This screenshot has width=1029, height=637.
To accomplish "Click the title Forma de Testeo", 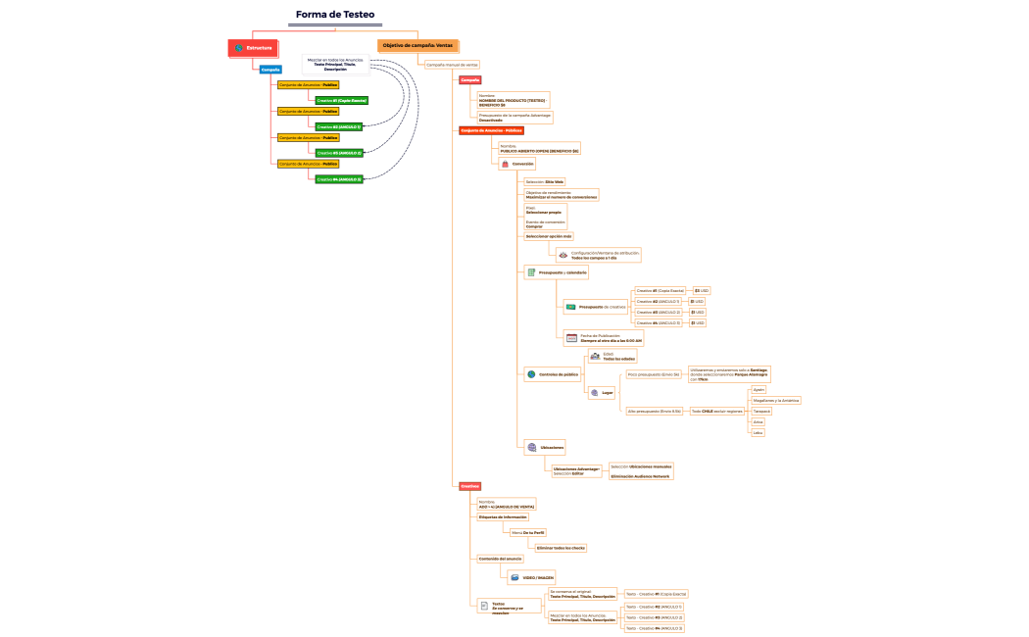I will (x=334, y=15).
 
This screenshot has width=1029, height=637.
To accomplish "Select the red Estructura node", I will (x=253, y=47).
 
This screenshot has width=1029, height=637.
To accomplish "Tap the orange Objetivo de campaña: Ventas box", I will (x=417, y=45).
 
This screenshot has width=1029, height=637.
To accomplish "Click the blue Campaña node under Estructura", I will (x=270, y=70).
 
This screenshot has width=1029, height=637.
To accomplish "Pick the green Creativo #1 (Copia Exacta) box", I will (x=341, y=100).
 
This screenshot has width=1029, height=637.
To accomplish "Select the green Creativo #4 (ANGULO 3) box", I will (x=339, y=179).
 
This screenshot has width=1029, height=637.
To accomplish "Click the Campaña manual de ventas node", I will (x=452, y=65).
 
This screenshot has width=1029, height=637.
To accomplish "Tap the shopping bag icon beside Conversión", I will (x=504, y=164).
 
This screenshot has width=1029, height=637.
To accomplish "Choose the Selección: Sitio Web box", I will (x=545, y=181).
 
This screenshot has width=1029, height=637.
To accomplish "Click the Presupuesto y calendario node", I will (x=556, y=272).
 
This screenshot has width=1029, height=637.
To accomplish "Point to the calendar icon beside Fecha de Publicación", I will (x=571, y=338).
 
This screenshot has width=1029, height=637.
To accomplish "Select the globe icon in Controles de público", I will (x=531, y=374).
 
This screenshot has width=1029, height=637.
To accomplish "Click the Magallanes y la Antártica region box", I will (x=775, y=400).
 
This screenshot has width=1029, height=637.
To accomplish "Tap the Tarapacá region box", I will (x=761, y=411).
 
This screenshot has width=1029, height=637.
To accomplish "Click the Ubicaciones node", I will (x=545, y=447).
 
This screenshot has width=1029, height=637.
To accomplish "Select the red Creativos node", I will (x=470, y=486).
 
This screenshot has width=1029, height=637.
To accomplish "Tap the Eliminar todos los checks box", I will (x=561, y=548).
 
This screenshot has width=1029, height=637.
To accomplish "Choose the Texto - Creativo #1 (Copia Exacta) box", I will (x=657, y=593).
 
